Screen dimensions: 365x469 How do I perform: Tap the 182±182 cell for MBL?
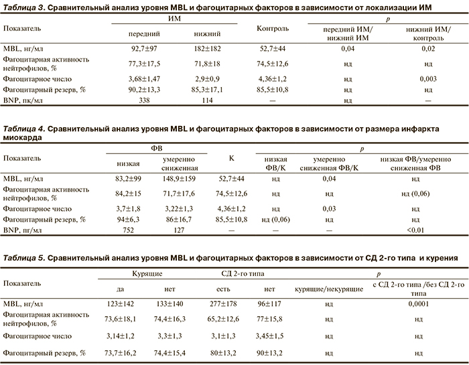click(x=207, y=49)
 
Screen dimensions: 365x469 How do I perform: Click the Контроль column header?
click(x=273, y=28)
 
